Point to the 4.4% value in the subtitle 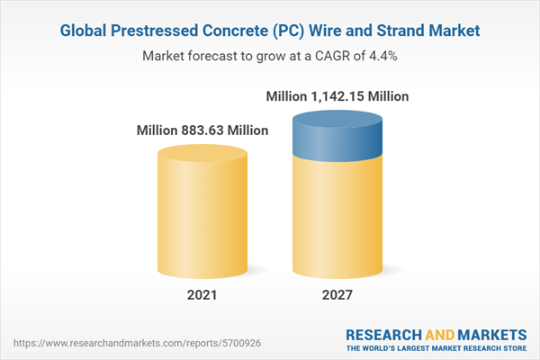tap(382, 55)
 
